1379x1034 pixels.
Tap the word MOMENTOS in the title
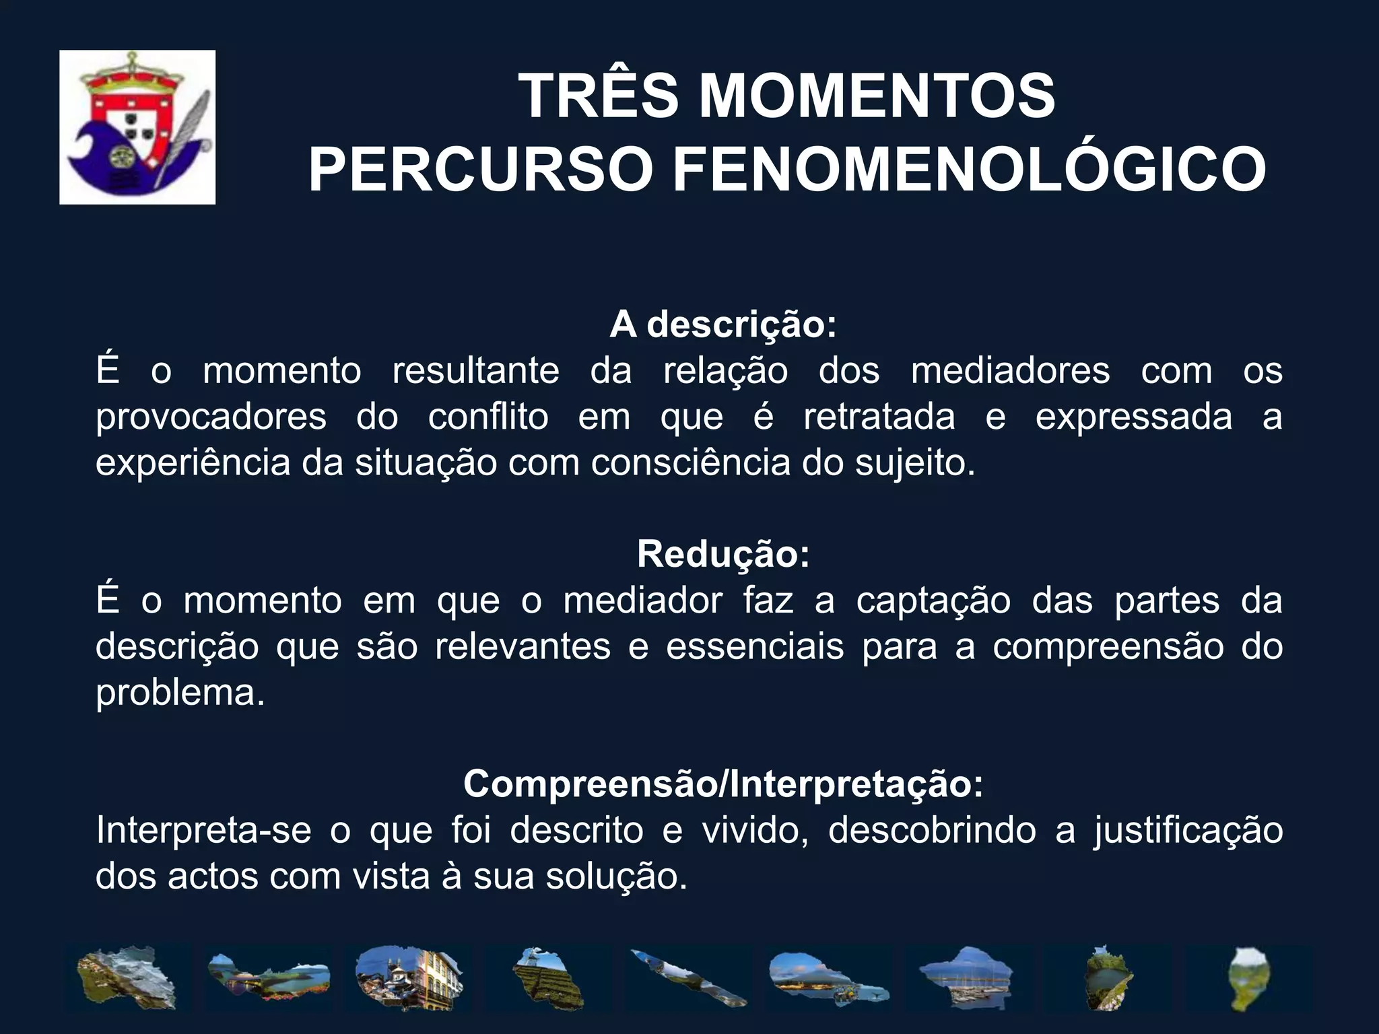coord(877,96)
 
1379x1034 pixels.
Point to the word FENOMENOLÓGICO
coord(970,170)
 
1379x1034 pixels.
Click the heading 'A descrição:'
coord(723,324)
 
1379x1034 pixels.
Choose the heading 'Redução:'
coord(723,554)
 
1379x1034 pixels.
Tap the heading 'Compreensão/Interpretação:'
coord(723,784)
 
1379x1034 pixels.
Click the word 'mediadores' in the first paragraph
coord(1010,371)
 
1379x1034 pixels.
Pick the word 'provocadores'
coord(211,417)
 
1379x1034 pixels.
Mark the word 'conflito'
coord(488,417)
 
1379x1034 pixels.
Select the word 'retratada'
coord(879,417)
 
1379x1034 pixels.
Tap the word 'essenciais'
coord(755,646)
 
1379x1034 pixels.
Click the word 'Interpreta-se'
coord(203,830)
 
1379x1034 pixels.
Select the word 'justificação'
coord(1188,830)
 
